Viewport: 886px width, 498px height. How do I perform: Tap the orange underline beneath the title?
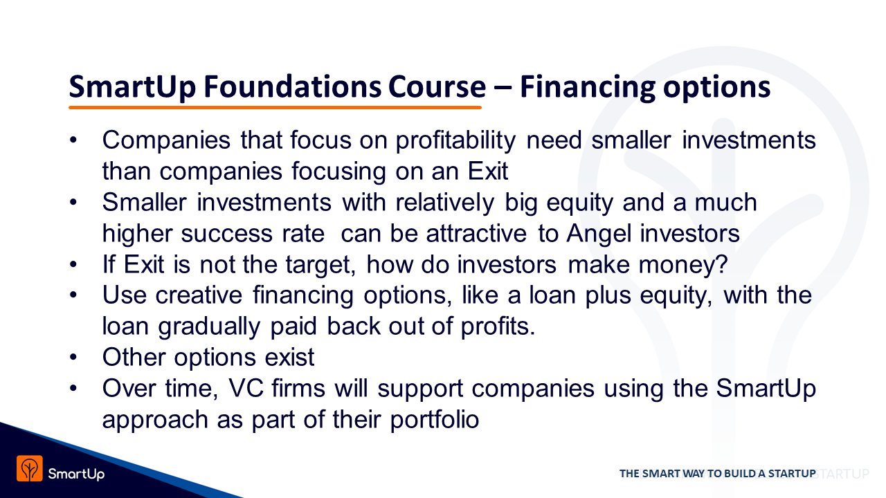pyautogui.click(x=275, y=107)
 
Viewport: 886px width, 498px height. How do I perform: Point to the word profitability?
pyautogui.click(x=455, y=141)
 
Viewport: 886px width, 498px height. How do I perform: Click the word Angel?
pyautogui.click(x=599, y=234)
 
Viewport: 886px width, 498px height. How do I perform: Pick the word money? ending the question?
pyautogui.click(x=683, y=265)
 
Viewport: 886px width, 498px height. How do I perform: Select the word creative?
pyautogui.click(x=199, y=295)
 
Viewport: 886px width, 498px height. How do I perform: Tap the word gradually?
pyautogui.click(x=209, y=327)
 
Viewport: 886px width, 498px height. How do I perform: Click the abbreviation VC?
pyautogui.click(x=246, y=388)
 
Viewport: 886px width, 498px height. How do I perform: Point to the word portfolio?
pyautogui.click(x=435, y=420)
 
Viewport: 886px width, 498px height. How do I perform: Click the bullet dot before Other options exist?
pyautogui.click(x=73, y=358)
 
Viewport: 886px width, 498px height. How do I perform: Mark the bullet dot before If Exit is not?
pyautogui.click(x=73, y=264)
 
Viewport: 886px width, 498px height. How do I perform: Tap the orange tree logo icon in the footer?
pyautogui.click(x=30, y=468)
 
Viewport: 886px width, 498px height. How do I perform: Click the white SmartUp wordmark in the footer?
pyautogui.click(x=76, y=474)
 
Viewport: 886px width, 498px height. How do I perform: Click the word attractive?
pyautogui.click(x=476, y=234)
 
